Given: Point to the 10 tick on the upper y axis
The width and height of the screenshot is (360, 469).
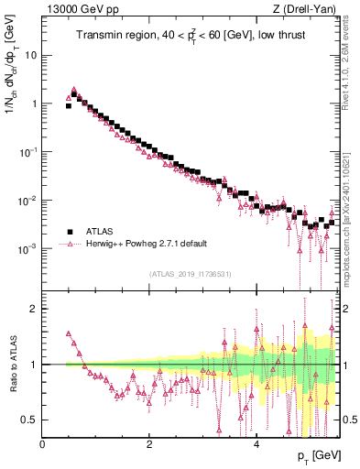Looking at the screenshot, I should coord(32,55).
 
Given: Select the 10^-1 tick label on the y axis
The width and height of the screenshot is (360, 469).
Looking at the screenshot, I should coord(30,152).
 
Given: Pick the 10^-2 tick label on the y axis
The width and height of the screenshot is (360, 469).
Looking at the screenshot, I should coord(30,201).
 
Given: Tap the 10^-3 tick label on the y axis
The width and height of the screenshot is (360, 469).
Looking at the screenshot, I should coord(30,249).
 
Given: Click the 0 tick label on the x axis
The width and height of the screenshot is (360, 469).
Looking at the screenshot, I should coord(43,443).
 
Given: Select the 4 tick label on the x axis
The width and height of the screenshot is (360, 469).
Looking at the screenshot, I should coord(256,443).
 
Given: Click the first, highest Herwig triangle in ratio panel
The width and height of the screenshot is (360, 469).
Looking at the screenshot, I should coord(69,334).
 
